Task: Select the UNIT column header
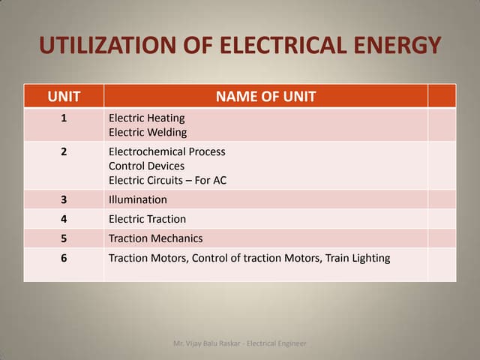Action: (64, 96)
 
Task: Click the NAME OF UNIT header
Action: (265, 96)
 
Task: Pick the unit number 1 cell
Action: (64, 118)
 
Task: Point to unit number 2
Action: (64, 151)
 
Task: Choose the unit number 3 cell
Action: (64, 199)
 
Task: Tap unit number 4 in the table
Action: (64, 219)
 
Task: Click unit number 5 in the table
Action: (64, 238)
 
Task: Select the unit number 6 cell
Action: (64, 258)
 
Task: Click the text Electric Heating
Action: (146, 118)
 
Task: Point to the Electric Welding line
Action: (148, 133)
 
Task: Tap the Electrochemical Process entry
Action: (166, 151)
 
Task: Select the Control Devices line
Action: (146, 166)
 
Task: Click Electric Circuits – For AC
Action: (167, 180)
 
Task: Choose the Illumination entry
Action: (138, 199)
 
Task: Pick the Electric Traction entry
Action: (147, 219)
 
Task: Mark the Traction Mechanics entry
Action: (155, 238)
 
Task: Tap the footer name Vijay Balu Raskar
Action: (212, 343)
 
